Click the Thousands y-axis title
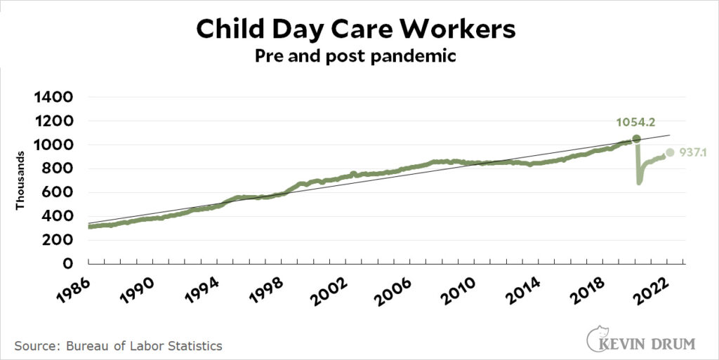pos(20,180)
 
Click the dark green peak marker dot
pos(637,139)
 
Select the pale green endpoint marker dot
pos(670,152)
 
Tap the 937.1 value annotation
pos(692,152)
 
